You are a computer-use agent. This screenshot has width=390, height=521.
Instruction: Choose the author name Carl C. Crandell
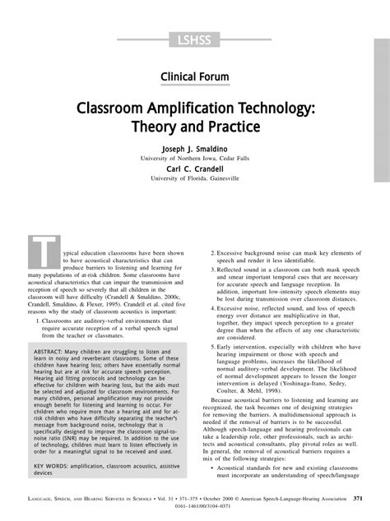194,169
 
